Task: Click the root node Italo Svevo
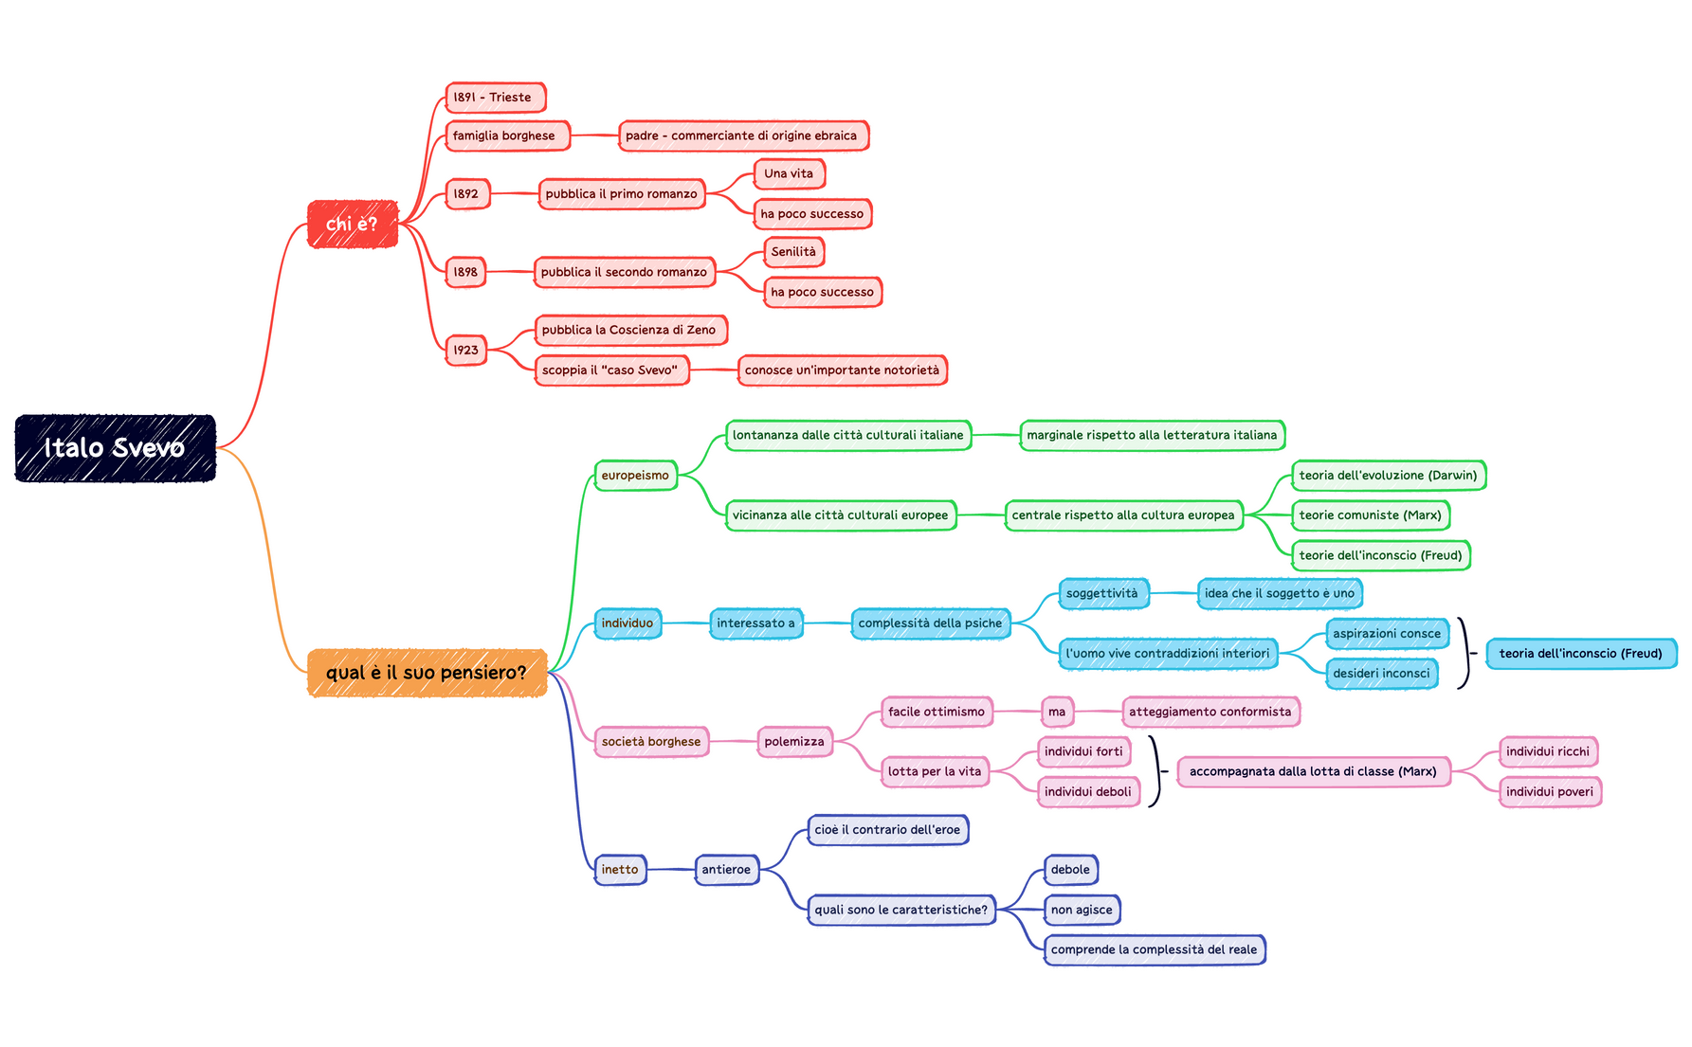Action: pyautogui.click(x=115, y=448)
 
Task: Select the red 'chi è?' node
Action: pyautogui.click(x=352, y=225)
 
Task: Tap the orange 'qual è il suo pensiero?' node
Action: pyautogui.click(x=427, y=673)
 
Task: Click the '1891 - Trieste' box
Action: pyautogui.click(x=495, y=98)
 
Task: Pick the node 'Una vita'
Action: pyautogui.click(x=789, y=174)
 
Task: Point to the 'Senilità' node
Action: pyautogui.click(x=793, y=252)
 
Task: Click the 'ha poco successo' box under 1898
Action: pyautogui.click(x=822, y=292)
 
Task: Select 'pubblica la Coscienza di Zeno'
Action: pyautogui.click(x=629, y=331)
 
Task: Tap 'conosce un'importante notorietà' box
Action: pyautogui.click(x=842, y=370)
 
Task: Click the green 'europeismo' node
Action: pyautogui.click(x=635, y=476)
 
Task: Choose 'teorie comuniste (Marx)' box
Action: pyautogui.click(x=1370, y=515)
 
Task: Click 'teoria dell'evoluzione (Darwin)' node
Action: pyautogui.click(x=1388, y=476)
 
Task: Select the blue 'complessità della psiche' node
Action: pyautogui.click(x=930, y=623)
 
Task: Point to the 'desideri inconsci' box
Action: pyautogui.click(x=1381, y=674)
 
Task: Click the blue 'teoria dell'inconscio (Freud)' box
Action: pyautogui.click(x=1580, y=654)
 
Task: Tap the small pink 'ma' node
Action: pyautogui.click(x=1057, y=712)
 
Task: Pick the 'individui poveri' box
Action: pyautogui.click(x=1549, y=792)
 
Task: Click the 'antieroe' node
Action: pyautogui.click(x=726, y=870)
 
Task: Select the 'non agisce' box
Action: pyautogui.click(x=1082, y=910)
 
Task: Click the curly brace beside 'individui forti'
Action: pyautogui.click(x=1155, y=771)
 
